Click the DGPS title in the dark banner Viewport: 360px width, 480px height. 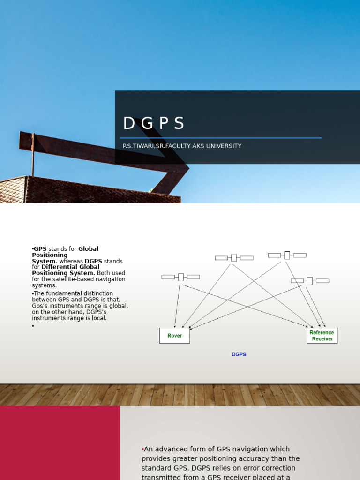(x=154, y=123)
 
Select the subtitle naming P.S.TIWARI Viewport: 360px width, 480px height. (x=182, y=146)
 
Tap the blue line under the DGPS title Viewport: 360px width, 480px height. (x=220, y=138)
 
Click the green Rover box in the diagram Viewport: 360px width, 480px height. (x=174, y=336)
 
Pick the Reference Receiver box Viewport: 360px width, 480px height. (x=322, y=336)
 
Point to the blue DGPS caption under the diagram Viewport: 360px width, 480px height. (x=239, y=354)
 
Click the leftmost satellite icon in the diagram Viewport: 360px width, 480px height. (x=180, y=277)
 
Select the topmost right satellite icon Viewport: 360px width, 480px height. (x=287, y=255)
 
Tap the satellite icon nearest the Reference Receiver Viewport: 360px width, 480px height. (x=309, y=281)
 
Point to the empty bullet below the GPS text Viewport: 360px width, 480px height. (x=33, y=326)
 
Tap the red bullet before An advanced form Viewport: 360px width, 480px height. (x=142, y=449)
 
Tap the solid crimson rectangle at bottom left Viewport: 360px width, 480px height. (x=60, y=442)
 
